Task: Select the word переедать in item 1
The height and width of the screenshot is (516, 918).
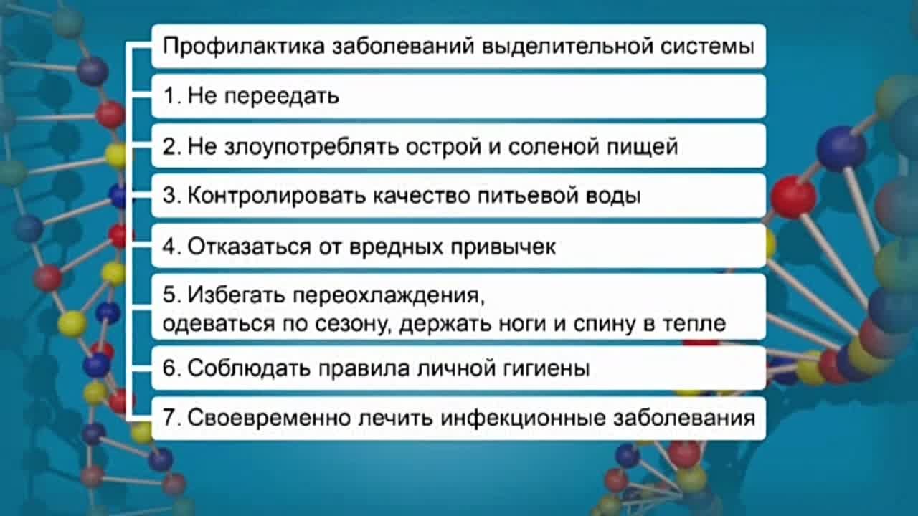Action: click(283, 97)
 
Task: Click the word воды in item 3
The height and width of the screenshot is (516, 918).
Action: click(617, 196)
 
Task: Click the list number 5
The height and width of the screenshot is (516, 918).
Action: click(169, 295)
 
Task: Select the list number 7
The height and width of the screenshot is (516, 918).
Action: click(169, 419)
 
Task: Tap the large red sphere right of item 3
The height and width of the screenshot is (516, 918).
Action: click(792, 196)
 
